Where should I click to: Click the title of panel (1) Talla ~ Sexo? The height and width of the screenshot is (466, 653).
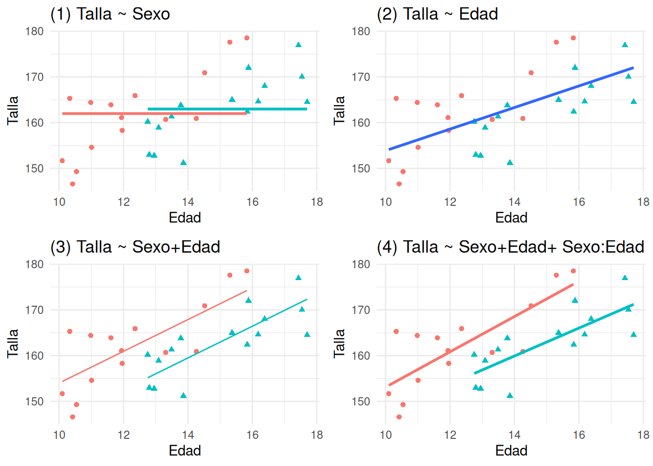click(x=110, y=14)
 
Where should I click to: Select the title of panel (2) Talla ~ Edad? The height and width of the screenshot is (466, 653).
click(x=437, y=14)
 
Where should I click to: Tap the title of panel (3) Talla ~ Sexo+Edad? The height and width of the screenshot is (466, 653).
click(x=135, y=247)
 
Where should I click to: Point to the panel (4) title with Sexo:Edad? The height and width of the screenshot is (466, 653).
click(x=510, y=247)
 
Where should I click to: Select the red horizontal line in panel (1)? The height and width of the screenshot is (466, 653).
click(x=97, y=114)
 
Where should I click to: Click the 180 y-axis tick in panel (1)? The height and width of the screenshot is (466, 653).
click(x=34, y=32)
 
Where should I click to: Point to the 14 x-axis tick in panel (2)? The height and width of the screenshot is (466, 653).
click(x=515, y=202)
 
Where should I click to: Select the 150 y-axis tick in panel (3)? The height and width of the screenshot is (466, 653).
click(x=34, y=401)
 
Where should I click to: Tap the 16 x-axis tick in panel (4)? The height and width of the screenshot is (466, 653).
click(x=579, y=435)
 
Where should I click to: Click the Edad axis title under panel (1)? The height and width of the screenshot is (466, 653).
click(x=185, y=217)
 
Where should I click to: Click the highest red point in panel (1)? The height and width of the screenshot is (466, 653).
click(x=247, y=38)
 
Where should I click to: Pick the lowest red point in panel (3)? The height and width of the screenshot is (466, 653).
click(x=72, y=417)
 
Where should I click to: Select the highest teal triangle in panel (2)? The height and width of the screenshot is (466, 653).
click(x=625, y=45)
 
